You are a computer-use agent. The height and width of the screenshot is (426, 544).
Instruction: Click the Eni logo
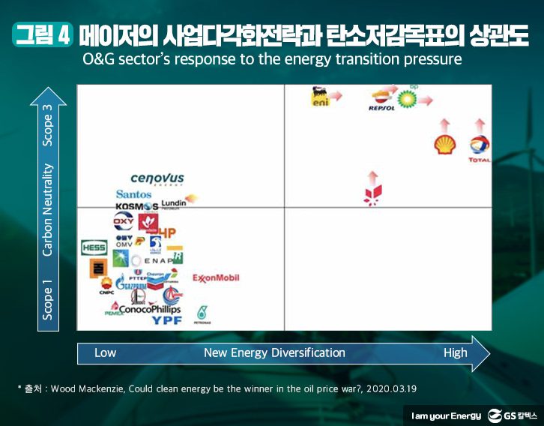[x=320, y=98]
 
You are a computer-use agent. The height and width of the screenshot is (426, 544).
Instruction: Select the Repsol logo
[x=381, y=100]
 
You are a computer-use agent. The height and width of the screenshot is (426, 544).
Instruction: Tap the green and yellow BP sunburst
[x=407, y=98]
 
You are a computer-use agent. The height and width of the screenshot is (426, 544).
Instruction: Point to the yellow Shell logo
[x=445, y=145]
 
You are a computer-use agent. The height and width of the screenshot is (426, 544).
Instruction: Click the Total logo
[x=480, y=148]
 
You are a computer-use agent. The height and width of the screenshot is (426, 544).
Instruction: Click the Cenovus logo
[x=157, y=178]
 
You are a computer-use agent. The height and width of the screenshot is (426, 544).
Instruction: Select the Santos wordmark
[x=133, y=194]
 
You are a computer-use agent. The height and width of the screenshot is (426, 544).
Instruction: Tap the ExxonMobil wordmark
[x=216, y=278]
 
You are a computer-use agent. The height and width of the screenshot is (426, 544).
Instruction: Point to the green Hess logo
[x=94, y=247]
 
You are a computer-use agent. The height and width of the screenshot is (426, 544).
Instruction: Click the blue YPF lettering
[x=167, y=320]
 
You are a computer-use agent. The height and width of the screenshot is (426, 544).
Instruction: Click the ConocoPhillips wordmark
[x=150, y=309]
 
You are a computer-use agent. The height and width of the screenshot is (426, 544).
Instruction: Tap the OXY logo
[x=123, y=222]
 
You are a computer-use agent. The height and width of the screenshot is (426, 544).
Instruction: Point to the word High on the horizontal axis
[x=455, y=352]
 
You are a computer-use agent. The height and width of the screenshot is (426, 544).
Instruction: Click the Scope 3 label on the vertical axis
[x=48, y=124]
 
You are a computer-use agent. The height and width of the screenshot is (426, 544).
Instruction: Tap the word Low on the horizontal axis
[x=105, y=352]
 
